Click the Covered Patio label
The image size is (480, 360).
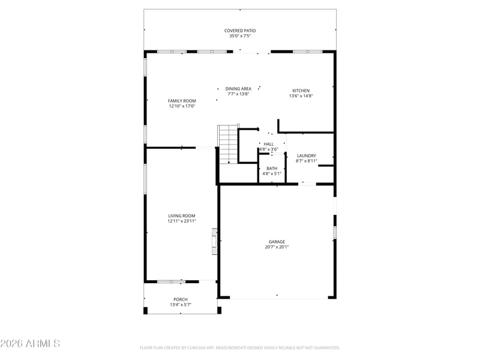pyautogui.click(x=240, y=31)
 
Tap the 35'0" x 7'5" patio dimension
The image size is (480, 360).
pyautogui.click(x=240, y=36)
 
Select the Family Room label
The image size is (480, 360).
pyautogui.click(x=182, y=101)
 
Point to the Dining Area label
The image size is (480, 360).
pyautogui.click(x=238, y=89)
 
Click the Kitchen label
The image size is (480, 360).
pyautogui.click(x=301, y=91)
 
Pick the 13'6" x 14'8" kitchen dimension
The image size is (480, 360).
pyautogui.click(x=301, y=96)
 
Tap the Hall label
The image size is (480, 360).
pyautogui.click(x=269, y=144)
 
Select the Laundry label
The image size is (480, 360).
pyautogui.click(x=307, y=155)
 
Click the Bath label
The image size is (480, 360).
pyautogui.click(x=272, y=169)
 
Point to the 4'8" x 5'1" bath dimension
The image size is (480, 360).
pyautogui.click(x=272, y=173)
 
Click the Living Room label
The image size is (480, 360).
pyautogui.click(x=182, y=215)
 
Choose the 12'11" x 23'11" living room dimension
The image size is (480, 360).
pyautogui.click(x=182, y=221)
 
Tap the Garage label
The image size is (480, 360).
pyautogui.click(x=277, y=242)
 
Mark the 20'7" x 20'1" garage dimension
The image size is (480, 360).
pyautogui.click(x=277, y=247)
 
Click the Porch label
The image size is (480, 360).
pyautogui.click(x=181, y=299)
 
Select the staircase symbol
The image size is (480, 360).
pyautogui.click(x=228, y=144)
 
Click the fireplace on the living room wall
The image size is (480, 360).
pyautogui.click(x=214, y=241)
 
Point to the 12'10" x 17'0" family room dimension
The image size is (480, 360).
pyautogui.click(x=182, y=106)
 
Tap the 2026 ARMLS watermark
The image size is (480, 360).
pyautogui.click(x=30, y=343)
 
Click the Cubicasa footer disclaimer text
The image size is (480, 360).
pyautogui.click(x=239, y=348)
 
